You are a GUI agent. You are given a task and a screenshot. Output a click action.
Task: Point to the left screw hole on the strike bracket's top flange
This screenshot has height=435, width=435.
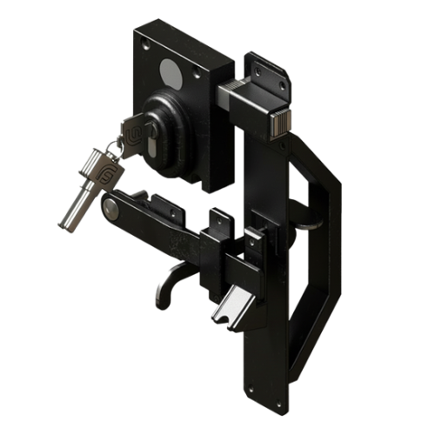click(x=252, y=64)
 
